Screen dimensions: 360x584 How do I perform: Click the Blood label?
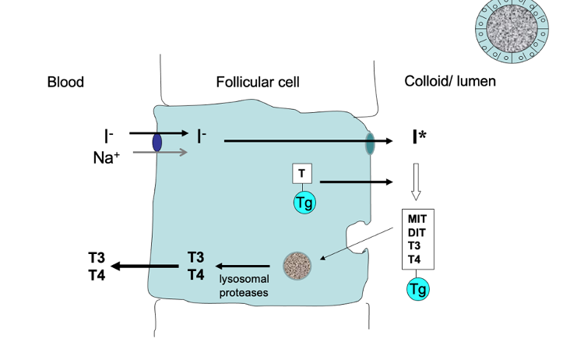point(65,82)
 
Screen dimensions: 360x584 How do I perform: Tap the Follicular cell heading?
point(258,82)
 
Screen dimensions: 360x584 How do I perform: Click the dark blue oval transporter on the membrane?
point(157,143)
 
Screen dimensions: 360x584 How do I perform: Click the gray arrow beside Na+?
point(160,152)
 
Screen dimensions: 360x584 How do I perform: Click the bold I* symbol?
point(420,139)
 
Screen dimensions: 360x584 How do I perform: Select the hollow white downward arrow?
point(417,182)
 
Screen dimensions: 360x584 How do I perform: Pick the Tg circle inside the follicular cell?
point(304,203)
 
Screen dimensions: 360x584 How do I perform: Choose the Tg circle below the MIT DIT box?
point(417,289)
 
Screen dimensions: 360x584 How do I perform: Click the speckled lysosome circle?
point(297,266)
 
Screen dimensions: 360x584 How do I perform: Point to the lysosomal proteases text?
point(243,287)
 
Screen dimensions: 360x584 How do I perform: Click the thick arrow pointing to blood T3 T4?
point(145,266)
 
